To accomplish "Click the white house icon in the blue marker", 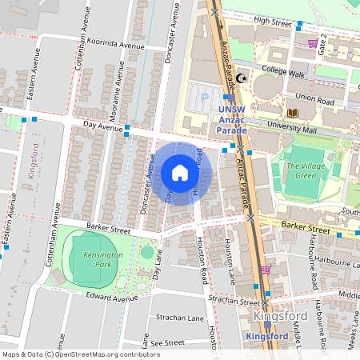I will (180, 173).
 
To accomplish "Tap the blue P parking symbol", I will (205, 98).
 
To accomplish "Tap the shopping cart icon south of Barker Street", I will (266, 270).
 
